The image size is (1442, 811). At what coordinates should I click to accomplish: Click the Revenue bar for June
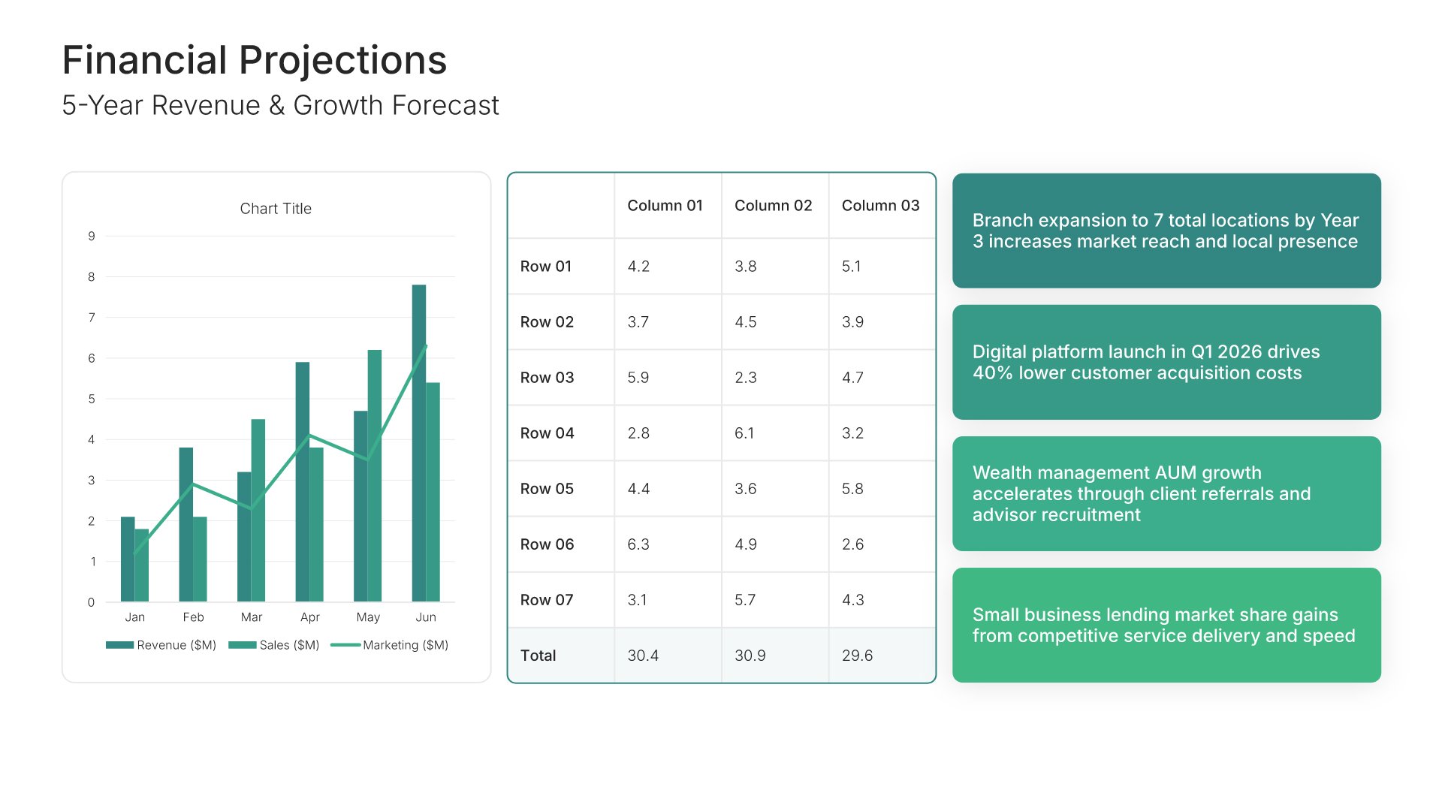(418, 443)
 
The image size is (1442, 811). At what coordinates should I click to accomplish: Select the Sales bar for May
(375, 475)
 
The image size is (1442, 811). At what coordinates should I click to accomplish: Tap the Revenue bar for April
(302, 481)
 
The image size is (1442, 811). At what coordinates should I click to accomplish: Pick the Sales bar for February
(200, 559)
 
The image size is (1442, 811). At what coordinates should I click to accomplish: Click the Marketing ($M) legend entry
(390, 645)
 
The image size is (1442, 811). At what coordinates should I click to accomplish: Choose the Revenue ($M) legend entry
(161, 645)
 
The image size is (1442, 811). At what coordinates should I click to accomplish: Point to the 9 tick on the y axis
(92, 236)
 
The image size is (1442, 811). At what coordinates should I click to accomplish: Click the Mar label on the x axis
(252, 617)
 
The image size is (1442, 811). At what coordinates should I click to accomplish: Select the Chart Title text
(276, 209)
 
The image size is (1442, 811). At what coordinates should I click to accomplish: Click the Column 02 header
(773, 206)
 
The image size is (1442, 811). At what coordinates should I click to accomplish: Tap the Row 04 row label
(547, 433)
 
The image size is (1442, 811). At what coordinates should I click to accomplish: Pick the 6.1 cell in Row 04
(744, 433)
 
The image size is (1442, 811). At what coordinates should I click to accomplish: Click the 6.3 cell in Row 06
(638, 544)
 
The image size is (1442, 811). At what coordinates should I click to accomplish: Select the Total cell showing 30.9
(750, 656)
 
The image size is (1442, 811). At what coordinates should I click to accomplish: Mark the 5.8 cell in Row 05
(852, 489)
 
